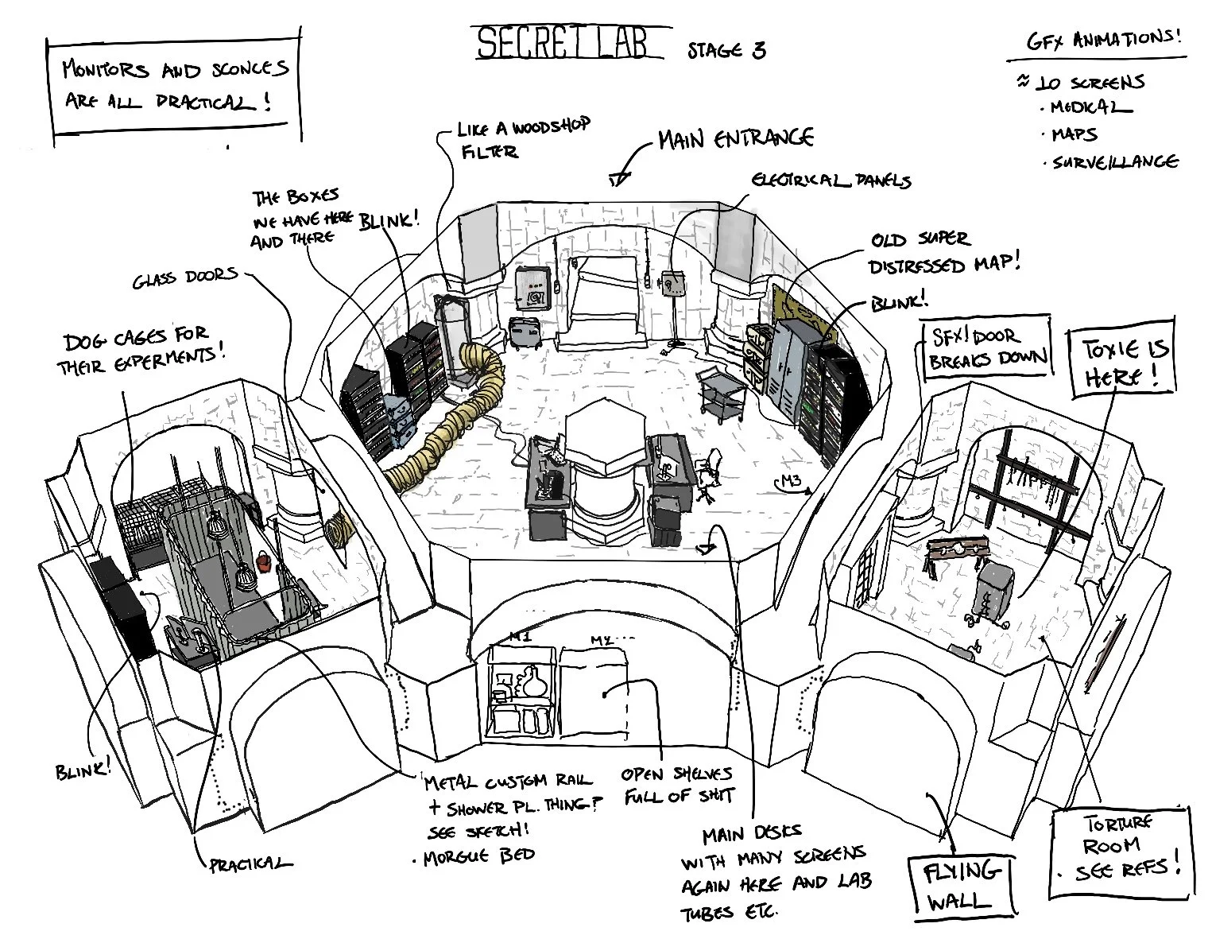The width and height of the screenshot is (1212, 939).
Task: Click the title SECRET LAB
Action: pos(568,44)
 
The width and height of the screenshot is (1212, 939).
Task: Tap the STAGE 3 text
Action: pos(726,50)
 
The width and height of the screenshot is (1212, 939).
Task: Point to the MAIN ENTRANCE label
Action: pos(734,139)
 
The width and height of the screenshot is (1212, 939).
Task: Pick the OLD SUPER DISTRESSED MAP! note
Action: pos(941,253)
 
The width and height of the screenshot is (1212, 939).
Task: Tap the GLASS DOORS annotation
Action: pos(184,277)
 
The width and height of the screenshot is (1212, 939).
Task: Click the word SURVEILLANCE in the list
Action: pos(1114,162)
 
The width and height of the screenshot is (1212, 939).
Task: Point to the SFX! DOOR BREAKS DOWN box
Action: pos(984,347)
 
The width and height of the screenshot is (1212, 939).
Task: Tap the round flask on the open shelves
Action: pos(528,681)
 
